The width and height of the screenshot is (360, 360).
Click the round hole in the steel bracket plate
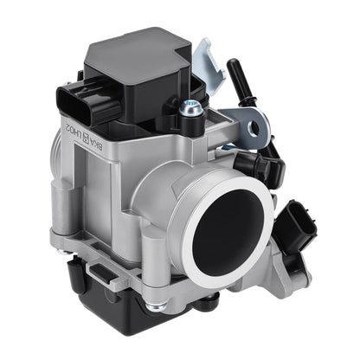coord(254,130)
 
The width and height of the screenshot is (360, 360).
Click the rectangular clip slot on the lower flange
coord(101,274)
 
